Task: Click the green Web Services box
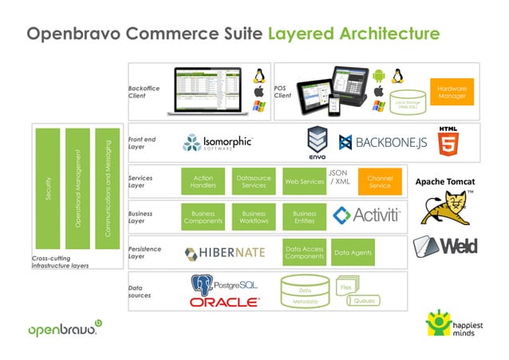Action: click(303, 182)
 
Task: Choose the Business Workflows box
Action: click(253, 217)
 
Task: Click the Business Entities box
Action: click(304, 217)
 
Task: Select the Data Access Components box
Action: click(304, 252)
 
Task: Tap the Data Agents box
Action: click(353, 252)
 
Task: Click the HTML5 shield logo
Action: click(448, 140)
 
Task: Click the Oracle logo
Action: click(224, 303)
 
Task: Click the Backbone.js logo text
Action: click(381, 143)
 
